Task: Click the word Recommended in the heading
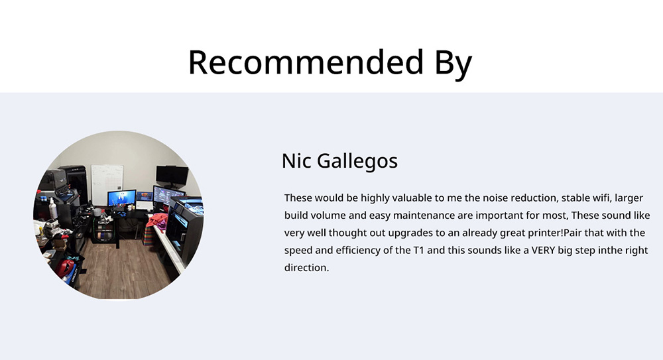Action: [306, 62]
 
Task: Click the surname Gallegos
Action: [357, 162]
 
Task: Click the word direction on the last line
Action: [306, 268]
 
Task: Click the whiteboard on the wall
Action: [107, 184]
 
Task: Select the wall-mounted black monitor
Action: [172, 175]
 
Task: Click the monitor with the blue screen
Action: [122, 198]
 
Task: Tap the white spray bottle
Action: [53, 208]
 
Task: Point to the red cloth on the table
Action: [157, 221]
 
